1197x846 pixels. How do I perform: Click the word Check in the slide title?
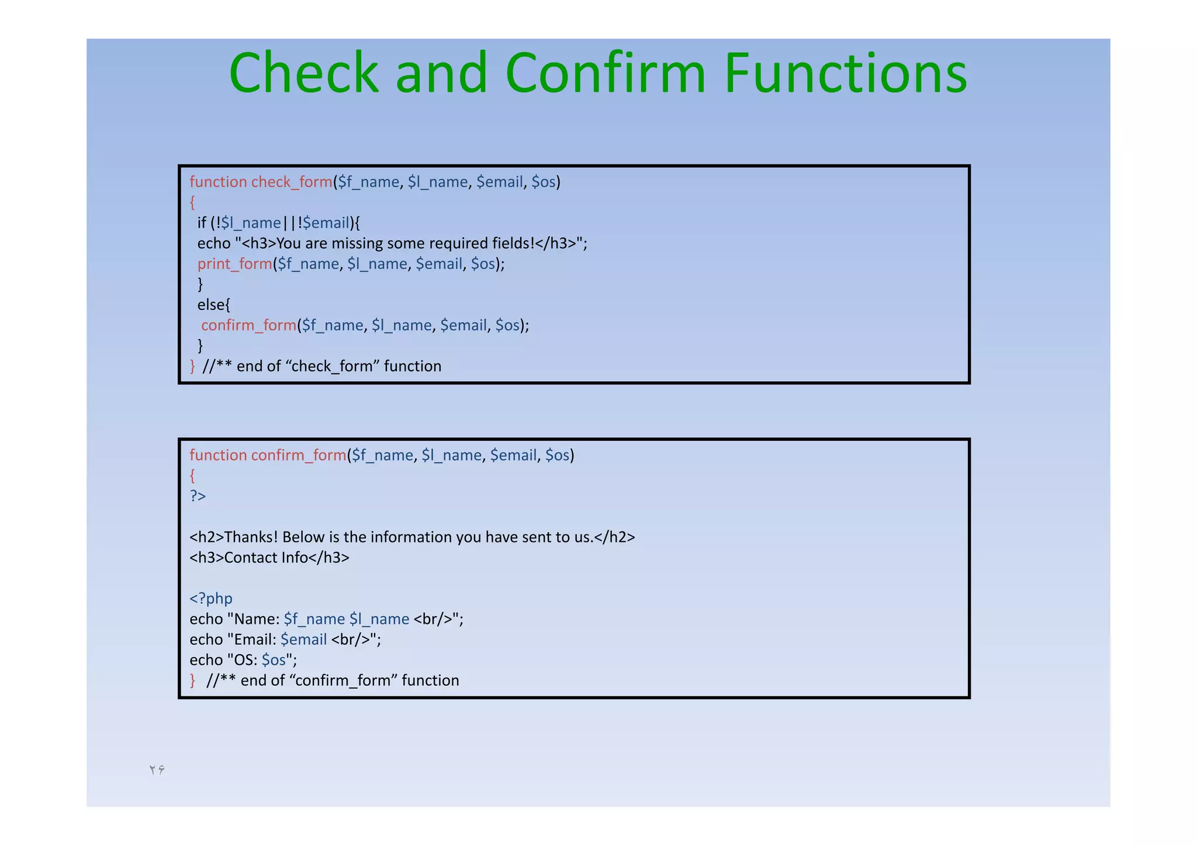pos(303,73)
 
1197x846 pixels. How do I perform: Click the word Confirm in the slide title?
pos(606,73)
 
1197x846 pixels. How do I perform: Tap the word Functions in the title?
pos(845,73)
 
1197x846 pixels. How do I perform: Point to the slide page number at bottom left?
pos(157,769)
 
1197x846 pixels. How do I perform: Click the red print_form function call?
pos(234,264)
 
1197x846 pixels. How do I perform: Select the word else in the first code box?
pos(212,305)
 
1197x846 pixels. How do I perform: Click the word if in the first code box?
pos(202,223)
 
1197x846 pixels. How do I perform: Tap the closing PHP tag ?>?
pos(198,496)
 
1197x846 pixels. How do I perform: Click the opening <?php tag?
pos(211,598)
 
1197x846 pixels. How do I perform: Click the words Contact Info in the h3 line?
pos(266,557)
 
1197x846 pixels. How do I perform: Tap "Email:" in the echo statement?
pos(255,639)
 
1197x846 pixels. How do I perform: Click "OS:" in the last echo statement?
pos(245,659)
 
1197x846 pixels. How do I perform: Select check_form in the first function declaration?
pos(292,182)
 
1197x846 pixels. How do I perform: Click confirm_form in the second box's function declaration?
pos(299,455)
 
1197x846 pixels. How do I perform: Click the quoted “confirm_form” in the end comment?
pos(344,680)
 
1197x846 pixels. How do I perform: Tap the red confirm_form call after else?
pos(249,325)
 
